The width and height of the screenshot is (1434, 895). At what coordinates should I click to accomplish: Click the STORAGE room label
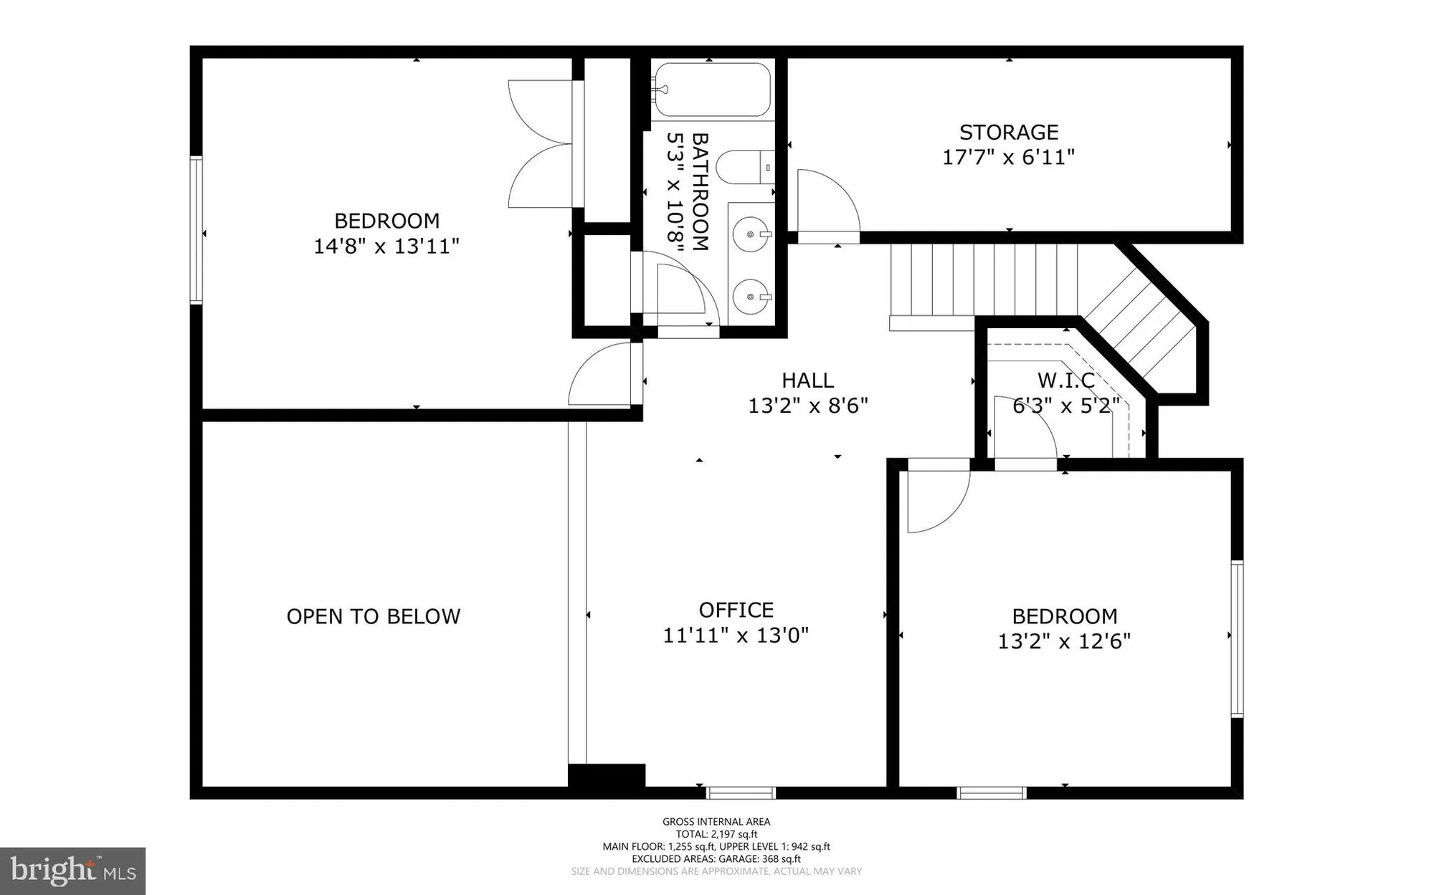coord(1008,133)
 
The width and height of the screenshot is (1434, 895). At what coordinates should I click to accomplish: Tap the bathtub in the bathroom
coord(712,90)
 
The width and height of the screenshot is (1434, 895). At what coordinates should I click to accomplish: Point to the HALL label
coord(807,381)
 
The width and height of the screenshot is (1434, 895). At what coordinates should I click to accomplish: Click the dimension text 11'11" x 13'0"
coord(736,636)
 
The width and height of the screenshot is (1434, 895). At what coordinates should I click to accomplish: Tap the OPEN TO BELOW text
coord(373,617)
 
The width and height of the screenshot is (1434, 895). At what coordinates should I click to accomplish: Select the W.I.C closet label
coord(1065,381)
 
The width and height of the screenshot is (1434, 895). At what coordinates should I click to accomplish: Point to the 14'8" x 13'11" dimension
coord(386,247)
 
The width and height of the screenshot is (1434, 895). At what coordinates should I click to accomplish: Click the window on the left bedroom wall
coord(196,230)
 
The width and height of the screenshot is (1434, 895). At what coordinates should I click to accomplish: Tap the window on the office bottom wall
coord(741,793)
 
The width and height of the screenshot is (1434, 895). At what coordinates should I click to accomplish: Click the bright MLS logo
coord(72,871)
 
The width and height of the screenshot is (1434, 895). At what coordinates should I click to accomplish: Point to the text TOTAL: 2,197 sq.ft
coord(716,834)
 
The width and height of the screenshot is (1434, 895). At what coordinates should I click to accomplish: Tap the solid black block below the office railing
coord(607,776)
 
